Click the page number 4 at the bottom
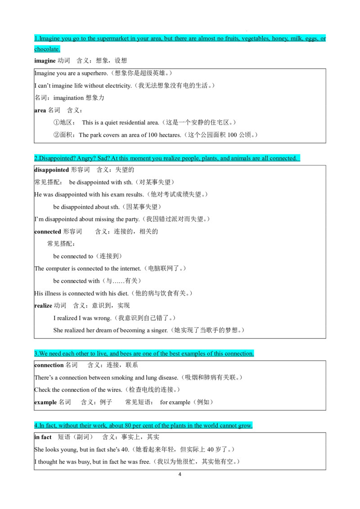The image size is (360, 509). click(x=180, y=474)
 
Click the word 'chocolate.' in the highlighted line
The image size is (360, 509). click(x=47, y=49)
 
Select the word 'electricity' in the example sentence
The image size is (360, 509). click(x=117, y=86)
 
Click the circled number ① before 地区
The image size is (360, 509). click(x=57, y=122)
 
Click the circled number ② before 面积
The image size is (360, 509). click(x=57, y=135)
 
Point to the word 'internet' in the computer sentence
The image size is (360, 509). click(x=130, y=268)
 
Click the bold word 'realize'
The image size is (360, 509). click(x=43, y=305)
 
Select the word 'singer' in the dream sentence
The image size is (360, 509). click(x=159, y=330)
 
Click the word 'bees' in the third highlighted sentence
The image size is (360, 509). click(x=126, y=353)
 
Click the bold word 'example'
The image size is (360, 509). click(x=45, y=402)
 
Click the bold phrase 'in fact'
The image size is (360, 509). click(x=43, y=437)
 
